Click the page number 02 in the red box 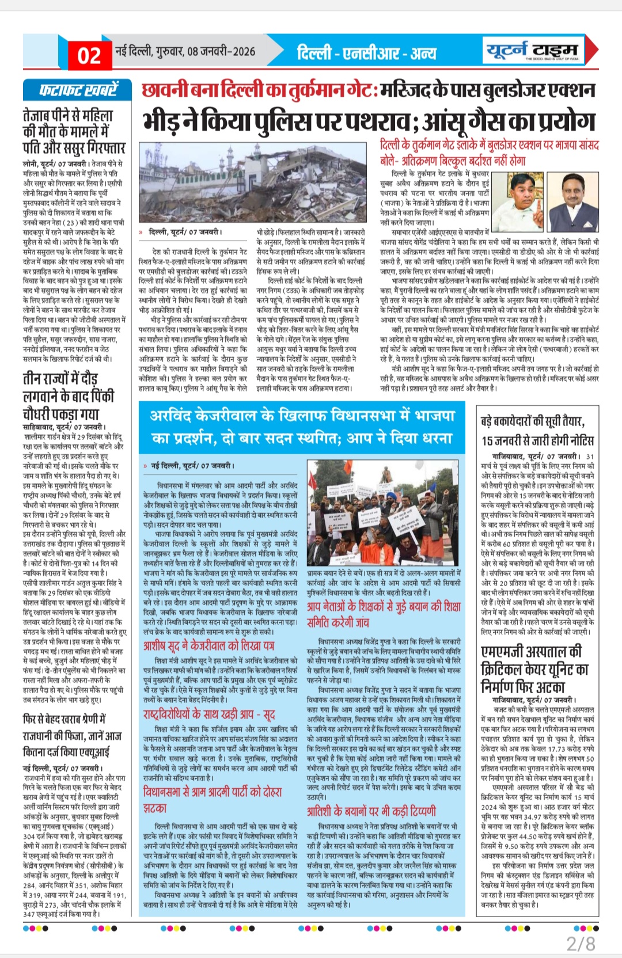coord(89,56)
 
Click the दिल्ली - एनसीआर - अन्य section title coord(366,54)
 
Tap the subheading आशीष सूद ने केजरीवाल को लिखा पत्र coord(208,645)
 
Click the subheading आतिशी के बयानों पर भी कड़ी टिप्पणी coord(371,811)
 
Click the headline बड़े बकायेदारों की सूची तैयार coord(533,422)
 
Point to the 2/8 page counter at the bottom coord(581,943)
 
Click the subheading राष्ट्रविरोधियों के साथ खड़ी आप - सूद coord(208,714)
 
